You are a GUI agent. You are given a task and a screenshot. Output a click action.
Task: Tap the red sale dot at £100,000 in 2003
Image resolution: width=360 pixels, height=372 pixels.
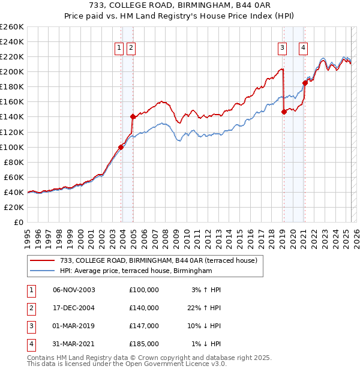point(121,146)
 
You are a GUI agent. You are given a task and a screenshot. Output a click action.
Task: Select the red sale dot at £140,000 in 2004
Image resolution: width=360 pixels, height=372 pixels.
point(133,116)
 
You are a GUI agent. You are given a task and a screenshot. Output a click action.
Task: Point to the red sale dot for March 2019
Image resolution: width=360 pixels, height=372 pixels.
point(284,111)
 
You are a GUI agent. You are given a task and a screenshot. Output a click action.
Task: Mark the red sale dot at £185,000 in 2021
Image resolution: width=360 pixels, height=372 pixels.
point(305,83)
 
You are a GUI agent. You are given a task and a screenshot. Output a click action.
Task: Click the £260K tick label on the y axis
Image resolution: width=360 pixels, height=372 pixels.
point(12,27)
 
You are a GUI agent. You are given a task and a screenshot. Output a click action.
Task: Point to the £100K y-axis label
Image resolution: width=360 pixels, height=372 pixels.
point(12,147)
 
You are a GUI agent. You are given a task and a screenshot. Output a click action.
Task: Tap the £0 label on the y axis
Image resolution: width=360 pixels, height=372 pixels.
point(19,222)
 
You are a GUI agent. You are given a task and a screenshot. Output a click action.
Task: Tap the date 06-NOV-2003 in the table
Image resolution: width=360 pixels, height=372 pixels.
point(74,290)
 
